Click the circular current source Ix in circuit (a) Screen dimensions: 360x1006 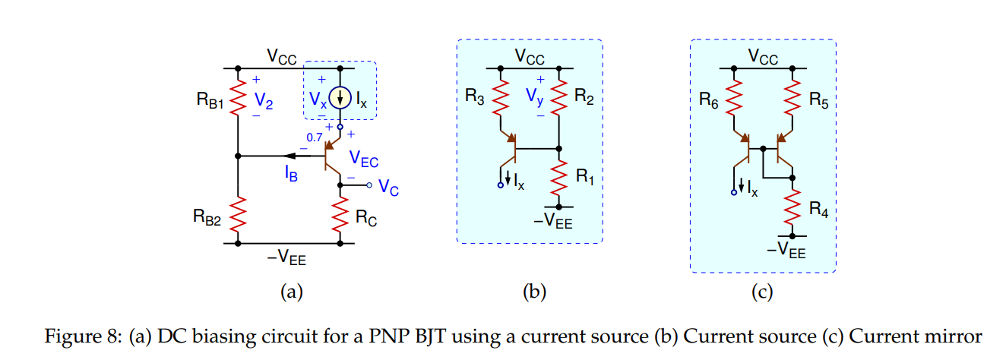tap(340, 98)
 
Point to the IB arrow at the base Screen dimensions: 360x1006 tap(304, 156)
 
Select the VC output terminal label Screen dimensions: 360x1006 tap(388, 186)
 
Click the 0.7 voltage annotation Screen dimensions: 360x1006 tap(314, 137)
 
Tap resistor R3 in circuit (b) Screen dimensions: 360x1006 tap(501, 97)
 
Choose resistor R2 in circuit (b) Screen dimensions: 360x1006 tap(559, 97)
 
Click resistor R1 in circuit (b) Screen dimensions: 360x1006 tap(559, 178)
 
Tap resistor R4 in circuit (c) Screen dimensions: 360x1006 tap(792, 206)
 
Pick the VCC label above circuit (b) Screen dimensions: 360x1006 tap(530, 55)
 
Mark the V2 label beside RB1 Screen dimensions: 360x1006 tap(262, 99)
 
